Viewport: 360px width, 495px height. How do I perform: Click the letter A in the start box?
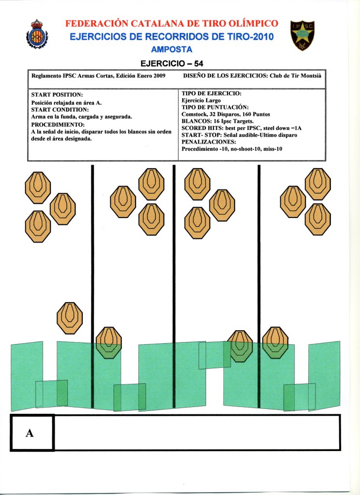30,433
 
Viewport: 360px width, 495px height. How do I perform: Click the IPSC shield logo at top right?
302,35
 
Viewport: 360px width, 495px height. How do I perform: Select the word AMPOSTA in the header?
172,49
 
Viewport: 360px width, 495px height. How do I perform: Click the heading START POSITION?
57,94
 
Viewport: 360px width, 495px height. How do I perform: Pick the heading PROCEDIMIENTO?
58,124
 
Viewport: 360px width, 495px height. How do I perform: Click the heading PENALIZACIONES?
209,142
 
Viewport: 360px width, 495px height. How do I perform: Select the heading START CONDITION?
60,109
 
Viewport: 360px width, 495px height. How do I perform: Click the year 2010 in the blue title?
262,37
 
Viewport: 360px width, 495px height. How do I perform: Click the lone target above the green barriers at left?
70,318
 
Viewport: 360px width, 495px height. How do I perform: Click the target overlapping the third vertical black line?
275,342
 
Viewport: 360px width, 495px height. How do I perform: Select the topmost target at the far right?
317,183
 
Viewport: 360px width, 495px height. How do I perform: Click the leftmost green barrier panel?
26,376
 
